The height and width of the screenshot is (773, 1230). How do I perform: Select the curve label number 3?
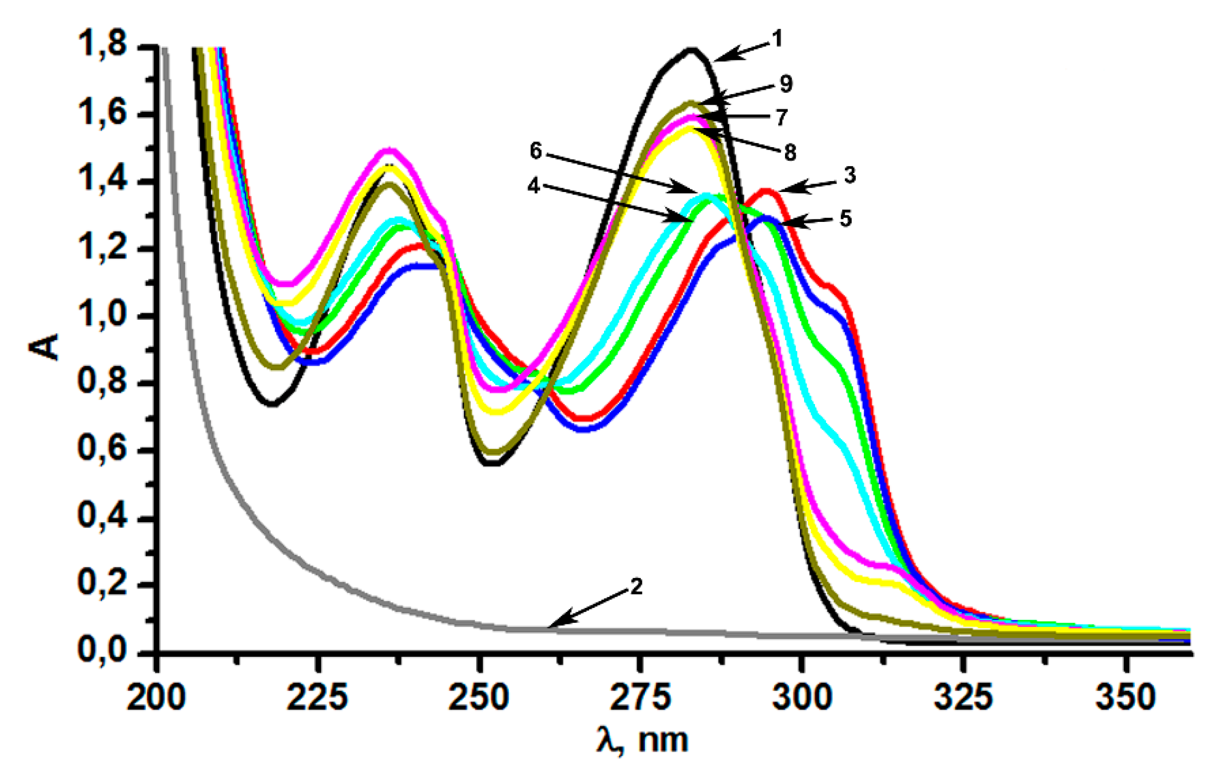pyautogui.click(x=849, y=175)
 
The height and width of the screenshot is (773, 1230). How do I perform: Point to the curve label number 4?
pyautogui.click(x=533, y=187)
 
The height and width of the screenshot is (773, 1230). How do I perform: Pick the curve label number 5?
pyautogui.click(x=845, y=218)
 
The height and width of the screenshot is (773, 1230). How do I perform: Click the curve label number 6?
pyautogui.click(x=535, y=151)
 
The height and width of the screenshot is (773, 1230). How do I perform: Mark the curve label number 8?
pyautogui.click(x=790, y=152)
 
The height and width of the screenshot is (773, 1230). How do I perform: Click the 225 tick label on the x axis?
pyautogui.click(x=317, y=697)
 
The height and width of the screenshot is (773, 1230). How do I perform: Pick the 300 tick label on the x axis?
pyautogui.click(x=802, y=697)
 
